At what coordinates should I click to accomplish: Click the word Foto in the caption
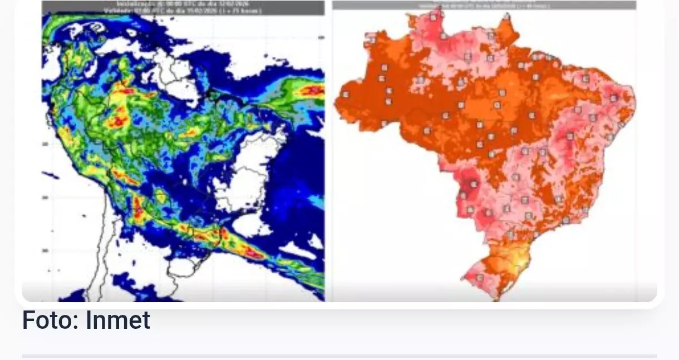tap(45, 320)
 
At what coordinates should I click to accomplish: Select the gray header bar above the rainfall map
tap(183, 7)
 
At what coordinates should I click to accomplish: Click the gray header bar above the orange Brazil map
tap(484, 4)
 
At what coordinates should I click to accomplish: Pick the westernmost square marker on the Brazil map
tap(345, 94)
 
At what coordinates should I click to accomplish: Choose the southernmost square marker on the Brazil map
tap(480, 278)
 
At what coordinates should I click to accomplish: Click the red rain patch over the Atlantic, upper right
tap(312, 90)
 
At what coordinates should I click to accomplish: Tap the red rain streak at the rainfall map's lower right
tap(253, 253)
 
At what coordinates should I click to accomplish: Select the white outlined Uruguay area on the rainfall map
tap(184, 267)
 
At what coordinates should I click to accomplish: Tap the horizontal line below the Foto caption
tap(339, 356)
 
